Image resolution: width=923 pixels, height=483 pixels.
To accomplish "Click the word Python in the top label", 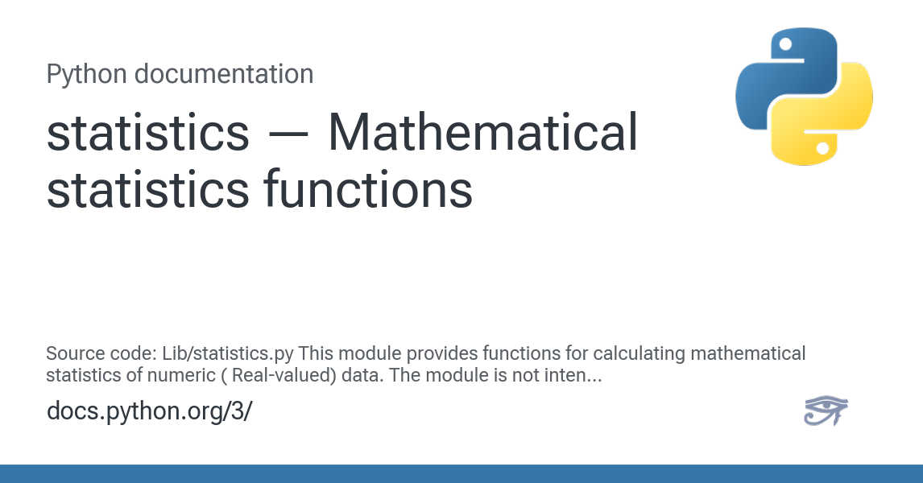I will [x=86, y=75].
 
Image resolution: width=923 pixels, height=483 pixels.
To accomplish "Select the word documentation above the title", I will [x=223, y=75].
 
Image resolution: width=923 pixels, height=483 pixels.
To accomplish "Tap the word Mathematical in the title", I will [x=482, y=133].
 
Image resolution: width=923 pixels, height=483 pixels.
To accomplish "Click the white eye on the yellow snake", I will [x=822, y=149].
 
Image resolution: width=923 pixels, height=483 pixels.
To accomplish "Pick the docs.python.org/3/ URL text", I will [x=149, y=411].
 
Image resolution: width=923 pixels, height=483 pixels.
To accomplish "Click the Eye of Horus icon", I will [x=826, y=411].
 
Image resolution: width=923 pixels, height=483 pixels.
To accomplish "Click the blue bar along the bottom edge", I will [x=461, y=473].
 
